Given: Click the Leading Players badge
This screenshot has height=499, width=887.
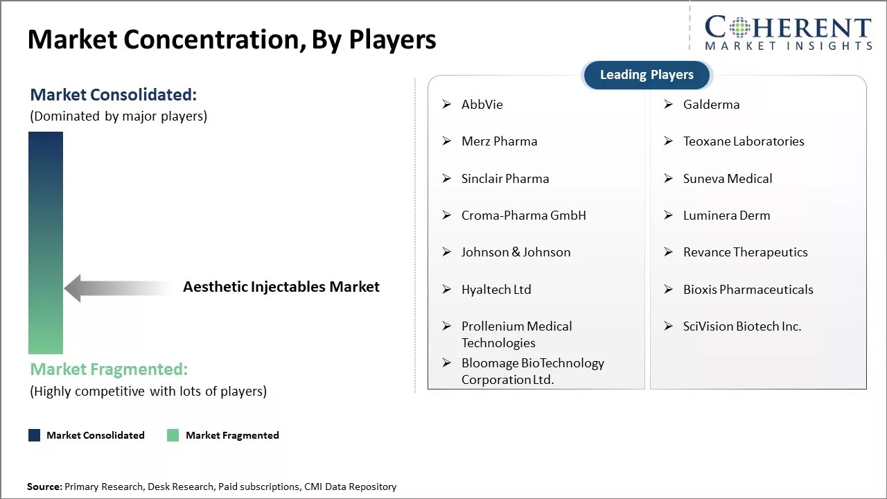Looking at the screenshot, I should (647, 75).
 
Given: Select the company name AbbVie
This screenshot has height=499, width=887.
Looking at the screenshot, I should (482, 105).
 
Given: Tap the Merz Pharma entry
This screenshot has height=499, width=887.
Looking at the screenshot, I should (499, 141).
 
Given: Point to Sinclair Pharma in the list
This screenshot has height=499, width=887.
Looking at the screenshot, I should (504, 179).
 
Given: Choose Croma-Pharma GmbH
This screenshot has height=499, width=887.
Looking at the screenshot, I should (523, 216).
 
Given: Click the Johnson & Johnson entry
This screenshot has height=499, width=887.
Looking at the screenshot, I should (516, 252).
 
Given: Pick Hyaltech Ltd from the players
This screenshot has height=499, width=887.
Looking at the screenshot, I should (496, 290).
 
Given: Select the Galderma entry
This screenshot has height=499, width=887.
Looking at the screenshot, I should (711, 105).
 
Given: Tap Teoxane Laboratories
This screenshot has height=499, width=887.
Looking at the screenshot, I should (743, 141).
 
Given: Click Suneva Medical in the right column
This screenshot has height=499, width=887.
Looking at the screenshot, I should (727, 179).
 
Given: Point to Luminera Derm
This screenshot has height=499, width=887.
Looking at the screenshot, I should (726, 216).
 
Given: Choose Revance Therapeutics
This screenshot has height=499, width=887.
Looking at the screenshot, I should (745, 252).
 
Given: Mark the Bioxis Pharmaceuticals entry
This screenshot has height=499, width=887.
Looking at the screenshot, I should (748, 290).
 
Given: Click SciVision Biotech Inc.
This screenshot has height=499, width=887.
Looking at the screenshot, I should (741, 326).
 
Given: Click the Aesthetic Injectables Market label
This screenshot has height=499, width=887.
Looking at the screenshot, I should (281, 287).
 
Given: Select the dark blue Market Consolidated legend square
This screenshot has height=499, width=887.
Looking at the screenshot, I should (34, 435).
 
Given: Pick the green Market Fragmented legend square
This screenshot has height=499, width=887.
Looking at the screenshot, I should (173, 435).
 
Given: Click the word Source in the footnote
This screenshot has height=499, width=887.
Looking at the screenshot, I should (44, 487).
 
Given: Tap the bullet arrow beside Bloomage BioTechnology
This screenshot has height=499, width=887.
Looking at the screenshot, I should (447, 363).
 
